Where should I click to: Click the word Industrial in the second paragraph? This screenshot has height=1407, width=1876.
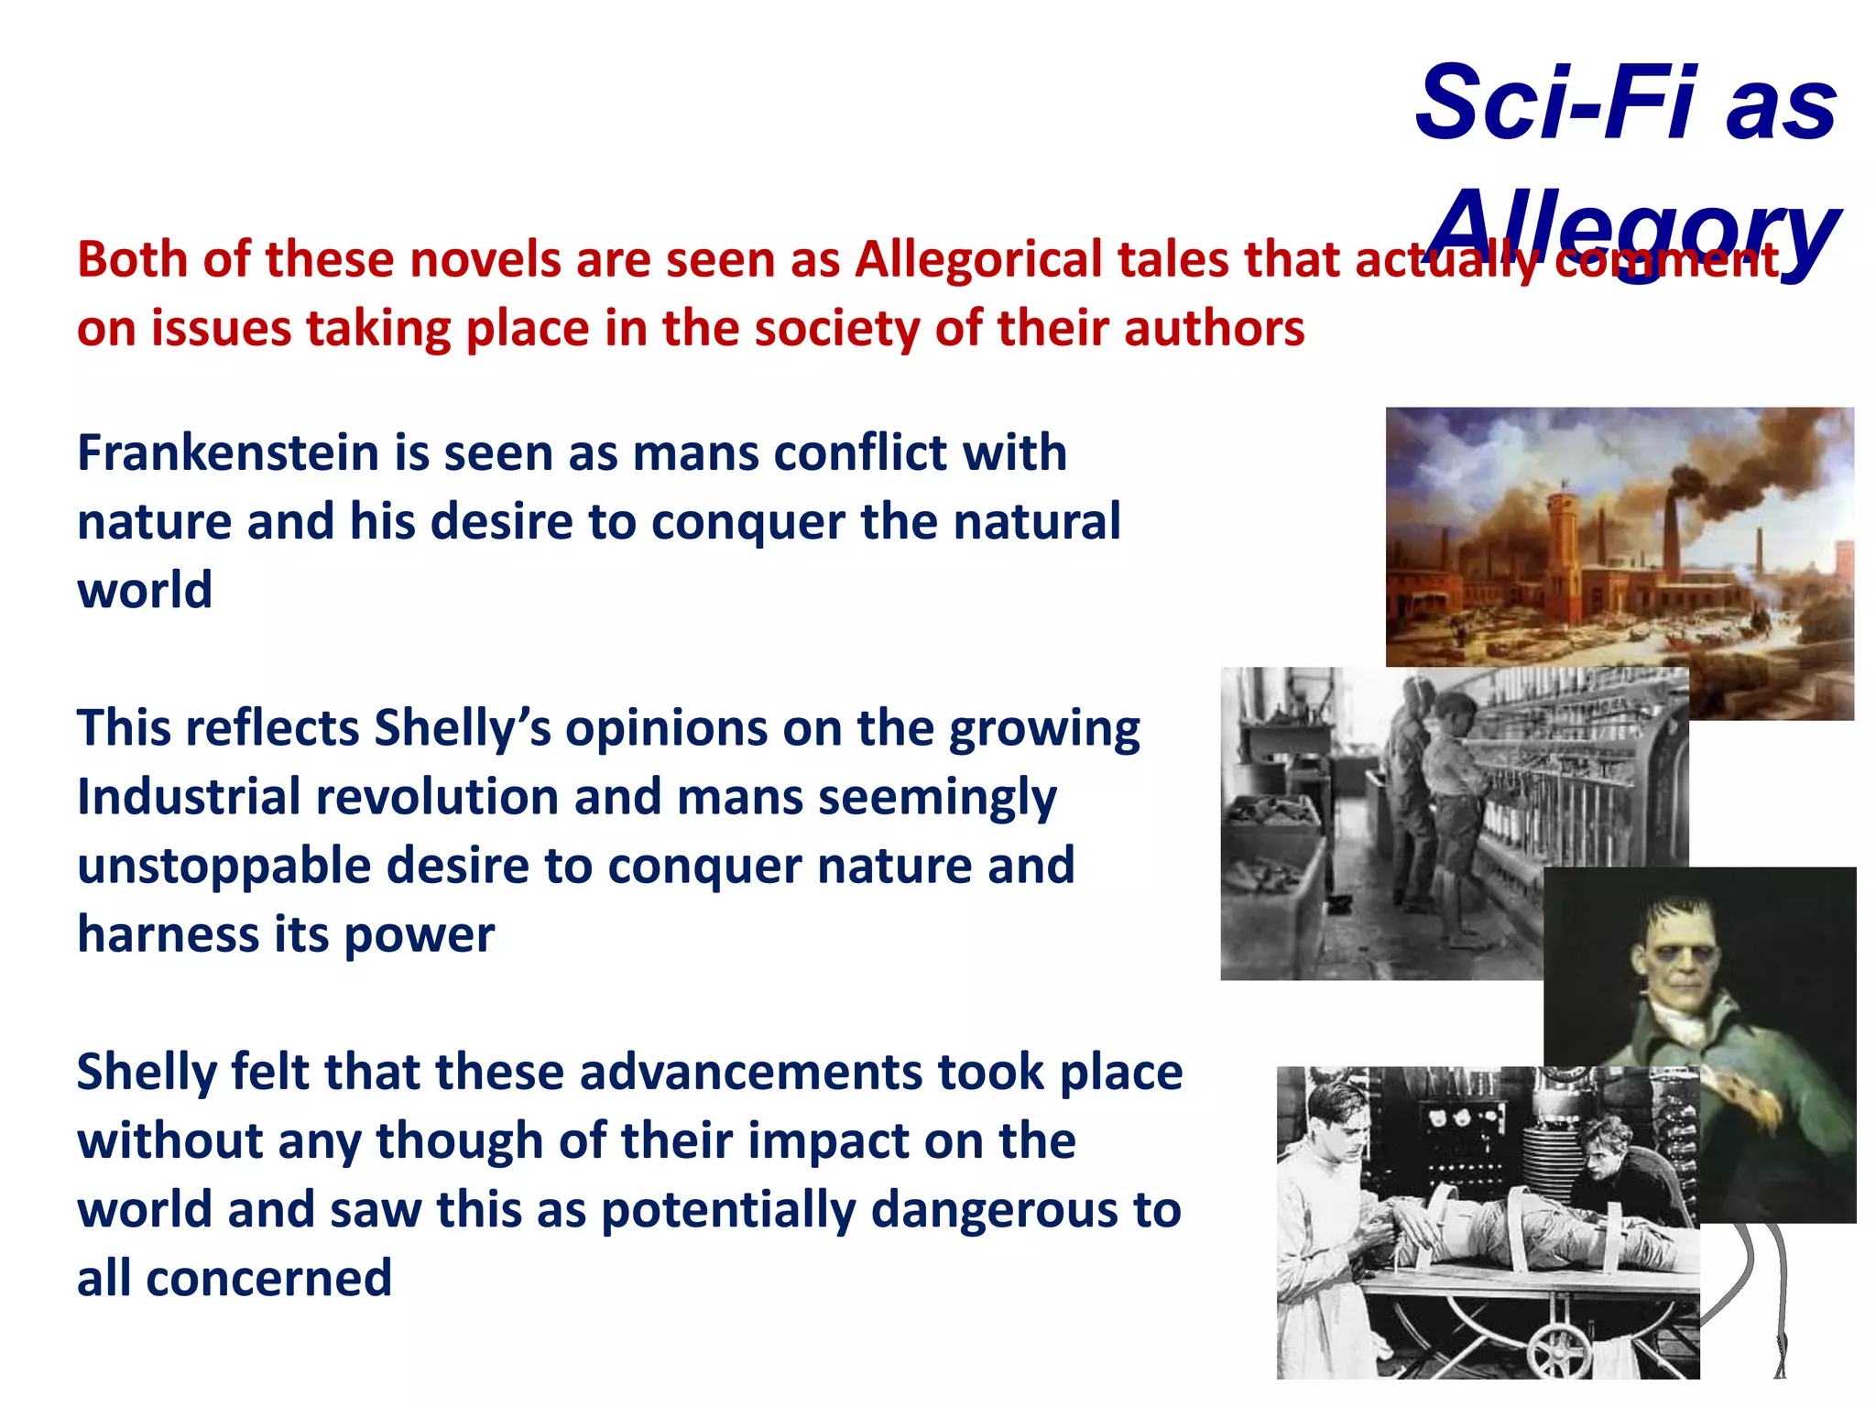(189, 796)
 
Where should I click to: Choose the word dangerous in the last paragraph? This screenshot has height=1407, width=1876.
(995, 1209)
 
